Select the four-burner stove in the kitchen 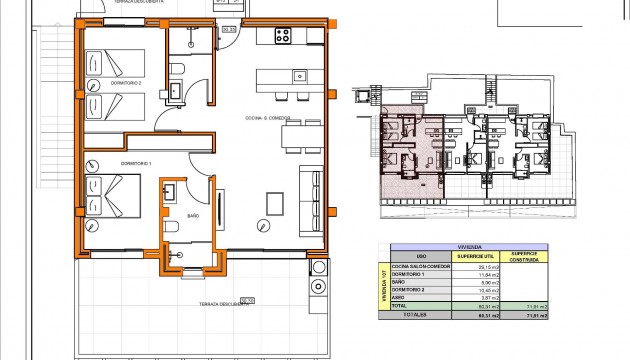click(x=283, y=37)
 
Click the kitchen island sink click(x=298, y=76)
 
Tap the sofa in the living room click(x=311, y=190)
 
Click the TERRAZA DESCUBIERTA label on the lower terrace click(x=222, y=305)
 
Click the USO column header click(x=423, y=257)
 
